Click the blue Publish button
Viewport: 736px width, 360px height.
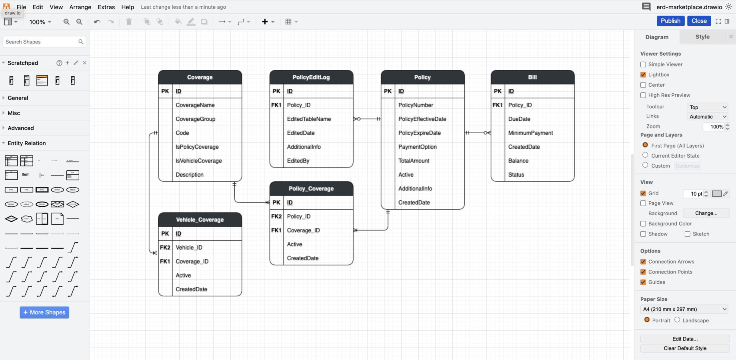point(670,21)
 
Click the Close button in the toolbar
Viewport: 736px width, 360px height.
point(699,21)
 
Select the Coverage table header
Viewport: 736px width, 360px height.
point(200,77)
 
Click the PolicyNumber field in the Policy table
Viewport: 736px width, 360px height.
point(416,105)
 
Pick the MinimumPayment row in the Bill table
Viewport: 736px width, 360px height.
point(530,133)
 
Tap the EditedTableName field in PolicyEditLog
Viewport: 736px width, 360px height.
point(309,119)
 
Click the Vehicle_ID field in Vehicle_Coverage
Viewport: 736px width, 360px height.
point(189,248)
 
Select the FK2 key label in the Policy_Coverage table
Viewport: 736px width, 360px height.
point(276,216)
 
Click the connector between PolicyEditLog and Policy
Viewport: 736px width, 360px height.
point(367,119)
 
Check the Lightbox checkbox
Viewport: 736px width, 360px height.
point(643,75)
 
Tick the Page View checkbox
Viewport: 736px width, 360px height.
point(643,203)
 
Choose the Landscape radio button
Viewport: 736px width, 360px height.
point(677,320)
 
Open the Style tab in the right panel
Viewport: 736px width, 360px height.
point(702,37)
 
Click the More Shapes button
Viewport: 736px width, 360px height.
point(44,312)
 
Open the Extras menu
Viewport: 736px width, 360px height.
point(106,7)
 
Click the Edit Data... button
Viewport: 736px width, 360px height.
point(685,339)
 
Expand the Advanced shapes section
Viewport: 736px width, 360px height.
point(21,128)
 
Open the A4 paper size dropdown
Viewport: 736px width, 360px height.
point(684,309)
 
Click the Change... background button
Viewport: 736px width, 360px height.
point(706,213)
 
